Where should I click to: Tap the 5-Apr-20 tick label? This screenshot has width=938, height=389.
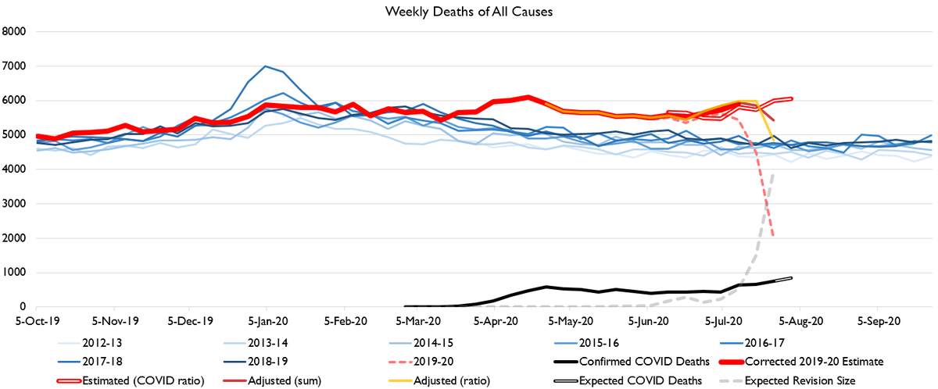(496, 321)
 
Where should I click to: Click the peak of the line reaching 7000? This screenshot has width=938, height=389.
(266, 66)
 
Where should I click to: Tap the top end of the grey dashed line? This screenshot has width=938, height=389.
(773, 173)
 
